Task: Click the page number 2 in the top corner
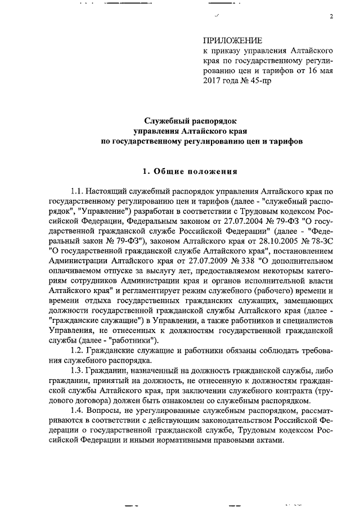tap(332, 16)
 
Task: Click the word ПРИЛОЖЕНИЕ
tap(232, 40)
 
